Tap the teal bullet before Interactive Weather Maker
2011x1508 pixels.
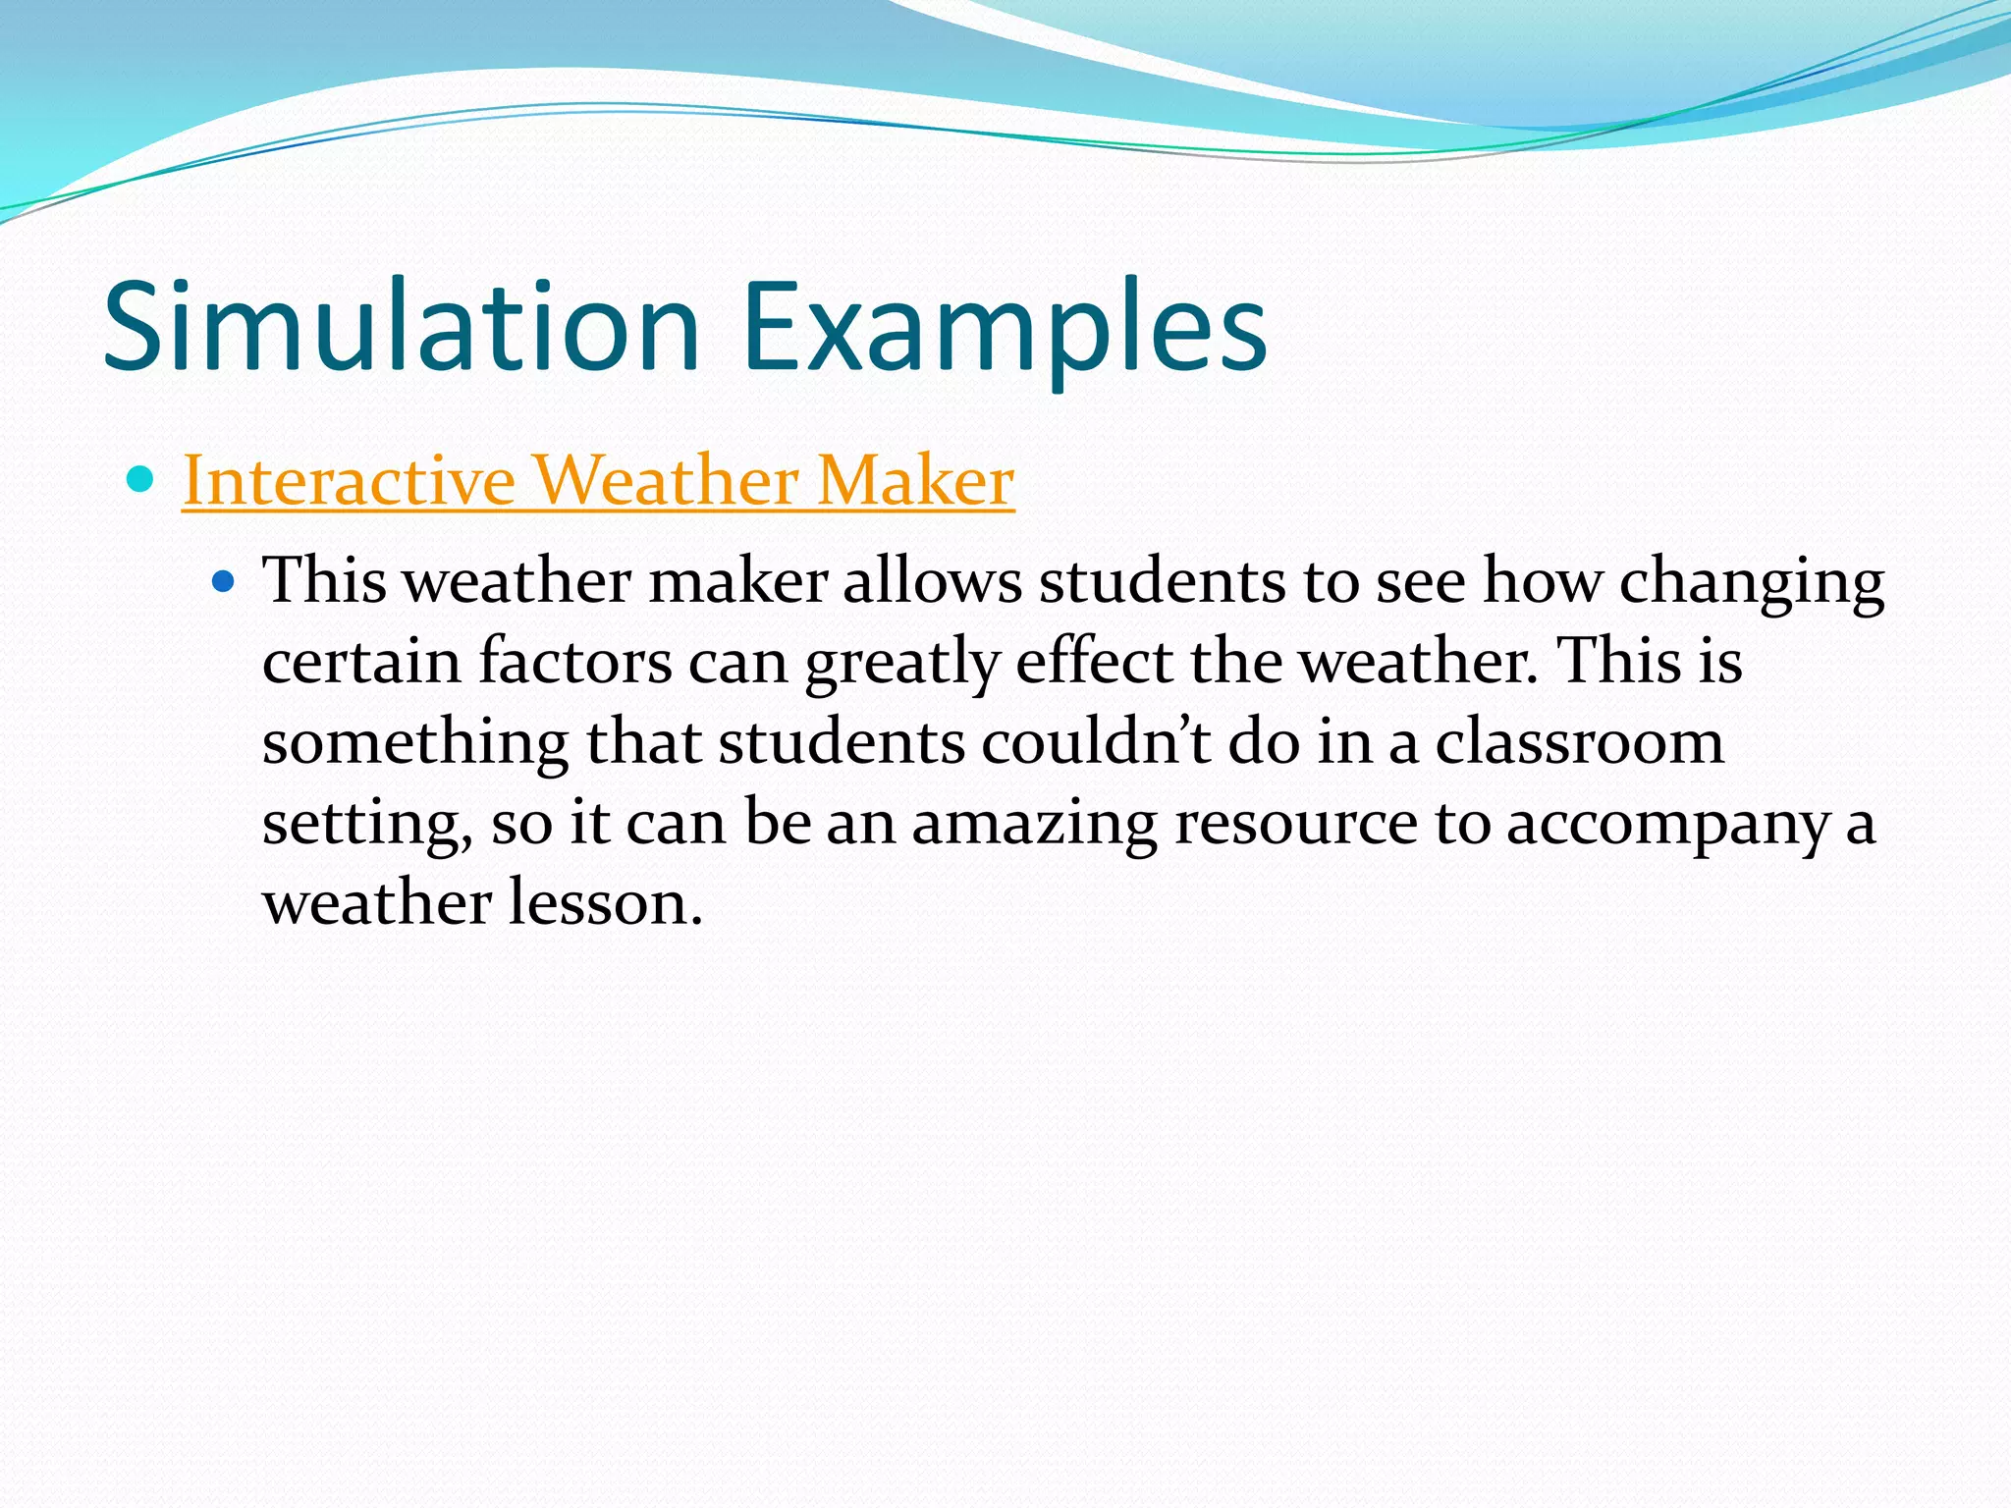(x=141, y=480)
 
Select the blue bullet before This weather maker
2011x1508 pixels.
(x=224, y=581)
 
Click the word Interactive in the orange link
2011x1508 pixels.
(x=349, y=481)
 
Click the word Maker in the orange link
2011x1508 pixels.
(x=915, y=481)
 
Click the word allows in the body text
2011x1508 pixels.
(x=932, y=581)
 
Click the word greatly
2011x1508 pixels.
(x=901, y=664)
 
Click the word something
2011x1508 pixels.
(x=414, y=743)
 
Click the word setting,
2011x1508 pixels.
(x=368, y=824)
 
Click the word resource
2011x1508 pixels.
(x=1296, y=824)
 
